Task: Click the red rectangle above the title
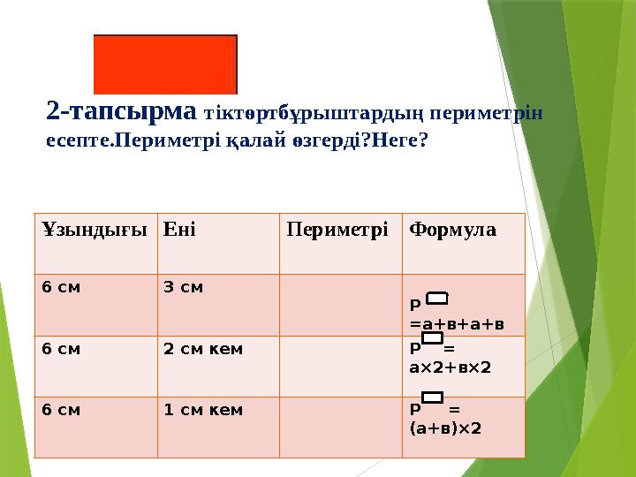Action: tap(165, 64)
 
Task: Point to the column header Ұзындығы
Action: tap(94, 231)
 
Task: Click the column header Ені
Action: tap(180, 231)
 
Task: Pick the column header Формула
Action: tap(452, 231)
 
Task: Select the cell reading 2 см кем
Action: tap(203, 348)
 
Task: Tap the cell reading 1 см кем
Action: tap(203, 410)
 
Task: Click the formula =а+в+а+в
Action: tap(457, 324)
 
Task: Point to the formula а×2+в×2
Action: tap(450, 365)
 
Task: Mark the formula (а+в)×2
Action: tap(446, 428)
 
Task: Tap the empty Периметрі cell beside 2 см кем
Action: tap(340, 366)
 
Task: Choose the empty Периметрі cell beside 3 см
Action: tap(340, 304)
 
